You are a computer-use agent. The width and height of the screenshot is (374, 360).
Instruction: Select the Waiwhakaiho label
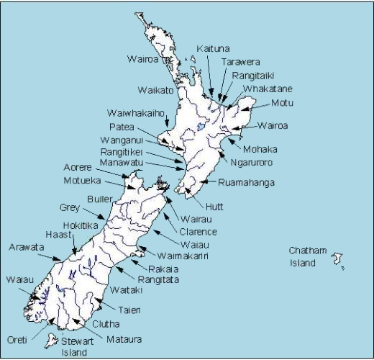point(137,114)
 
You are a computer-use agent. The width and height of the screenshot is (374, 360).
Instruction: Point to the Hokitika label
point(82,225)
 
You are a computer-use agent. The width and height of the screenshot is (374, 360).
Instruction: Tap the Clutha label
point(106,324)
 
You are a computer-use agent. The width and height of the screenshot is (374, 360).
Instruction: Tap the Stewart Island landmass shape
point(51,340)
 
